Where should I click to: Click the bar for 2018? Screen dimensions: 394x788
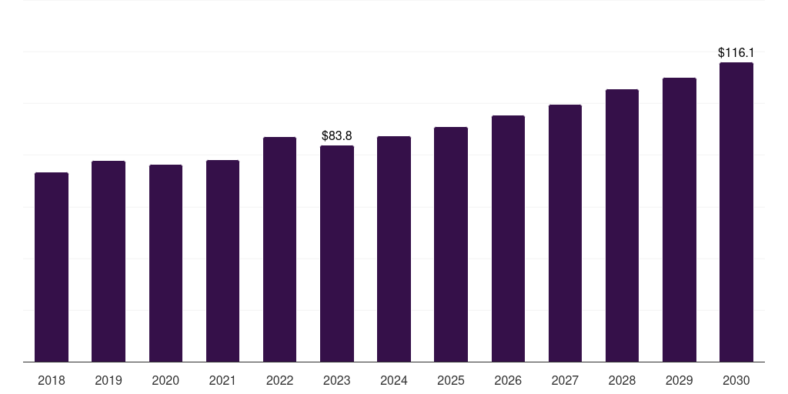(52, 267)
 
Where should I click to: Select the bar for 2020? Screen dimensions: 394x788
(165, 263)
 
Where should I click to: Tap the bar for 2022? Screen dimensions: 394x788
(279, 249)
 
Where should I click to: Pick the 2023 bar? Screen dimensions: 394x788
(337, 253)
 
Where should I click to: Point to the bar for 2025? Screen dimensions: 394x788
(451, 244)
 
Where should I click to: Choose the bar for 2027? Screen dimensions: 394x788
(565, 233)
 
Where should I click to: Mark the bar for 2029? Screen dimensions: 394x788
(679, 219)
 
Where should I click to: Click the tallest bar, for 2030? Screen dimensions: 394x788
(736, 212)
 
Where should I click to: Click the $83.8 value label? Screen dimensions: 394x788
(337, 136)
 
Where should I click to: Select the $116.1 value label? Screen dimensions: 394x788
(736, 53)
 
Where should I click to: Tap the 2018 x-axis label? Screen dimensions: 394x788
(52, 380)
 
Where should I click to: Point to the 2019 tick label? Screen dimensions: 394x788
(109, 380)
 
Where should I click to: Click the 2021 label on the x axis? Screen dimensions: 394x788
(222, 380)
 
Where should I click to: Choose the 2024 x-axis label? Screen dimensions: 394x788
(394, 380)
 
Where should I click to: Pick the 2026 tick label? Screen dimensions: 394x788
(508, 380)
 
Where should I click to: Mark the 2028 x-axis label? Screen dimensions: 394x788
(622, 380)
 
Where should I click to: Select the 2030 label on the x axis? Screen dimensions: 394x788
(736, 380)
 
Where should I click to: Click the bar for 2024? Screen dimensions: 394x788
(394, 249)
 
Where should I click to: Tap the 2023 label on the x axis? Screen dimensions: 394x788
(337, 380)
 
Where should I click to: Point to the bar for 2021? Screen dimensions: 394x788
(222, 261)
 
